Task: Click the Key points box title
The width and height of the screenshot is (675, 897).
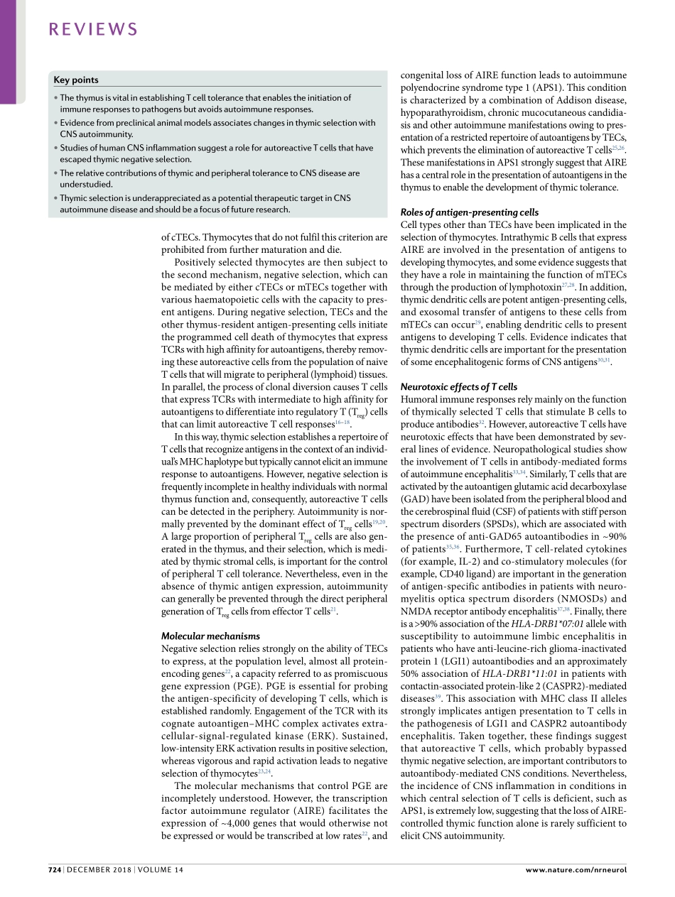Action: pyautogui.click(x=76, y=80)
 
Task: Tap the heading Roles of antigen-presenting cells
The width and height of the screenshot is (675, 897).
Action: pyautogui.click(x=470, y=212)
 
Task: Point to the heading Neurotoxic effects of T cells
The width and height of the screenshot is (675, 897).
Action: pyautogui.click(x=458, y=387)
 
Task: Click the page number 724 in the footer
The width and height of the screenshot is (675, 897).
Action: pyautogui.click(x=55, y=869)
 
